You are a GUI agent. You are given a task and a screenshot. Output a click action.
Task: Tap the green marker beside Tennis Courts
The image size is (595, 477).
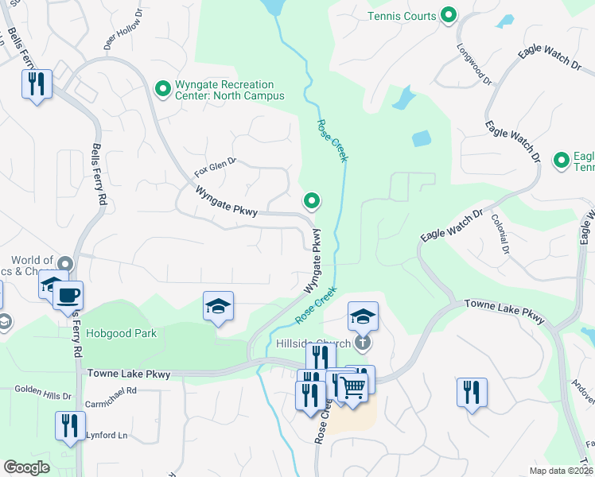point(449,15)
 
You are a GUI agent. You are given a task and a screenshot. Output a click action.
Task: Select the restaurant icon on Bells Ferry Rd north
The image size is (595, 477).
point(36,83)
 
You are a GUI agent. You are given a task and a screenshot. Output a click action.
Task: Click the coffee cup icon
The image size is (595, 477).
point(68,296)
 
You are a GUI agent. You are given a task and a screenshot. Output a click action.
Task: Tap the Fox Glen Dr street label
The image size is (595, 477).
point(216,167)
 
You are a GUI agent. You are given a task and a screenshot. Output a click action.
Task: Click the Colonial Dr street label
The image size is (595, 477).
point(500,234)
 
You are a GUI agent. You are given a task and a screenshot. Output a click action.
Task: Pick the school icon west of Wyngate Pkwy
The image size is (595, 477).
point(218,307)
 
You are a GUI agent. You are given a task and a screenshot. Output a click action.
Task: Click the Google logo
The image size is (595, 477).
point(26,467)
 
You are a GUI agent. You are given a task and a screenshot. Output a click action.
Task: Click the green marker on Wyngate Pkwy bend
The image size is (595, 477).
point(312,203)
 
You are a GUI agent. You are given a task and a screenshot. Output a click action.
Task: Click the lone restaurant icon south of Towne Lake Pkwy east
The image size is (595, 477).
point(472,392)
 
